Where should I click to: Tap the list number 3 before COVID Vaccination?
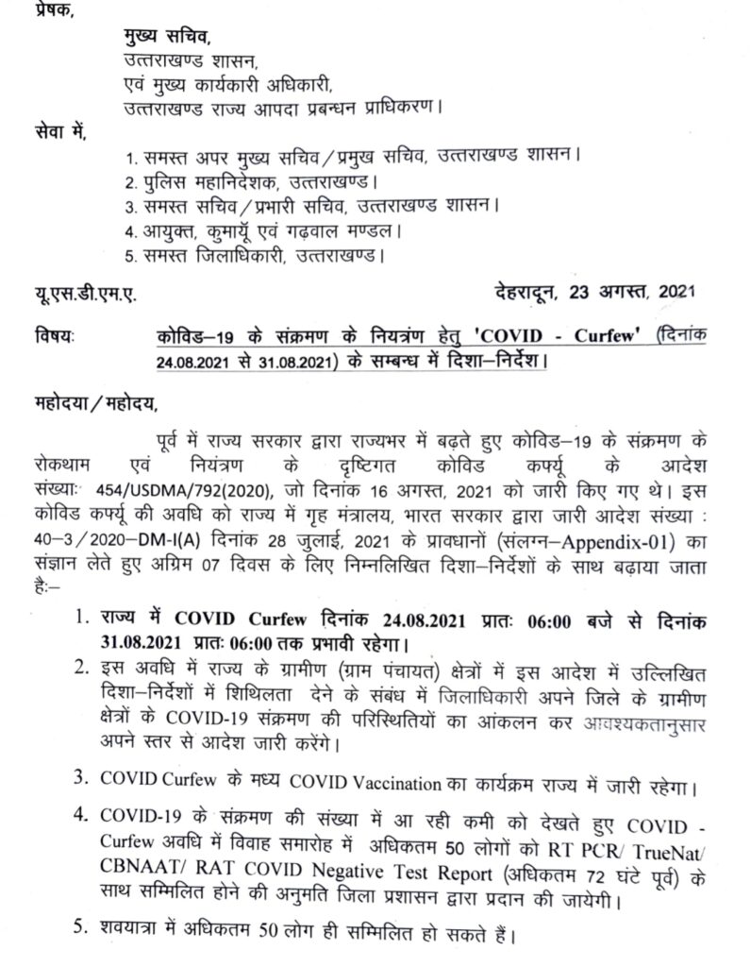[81, 783]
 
